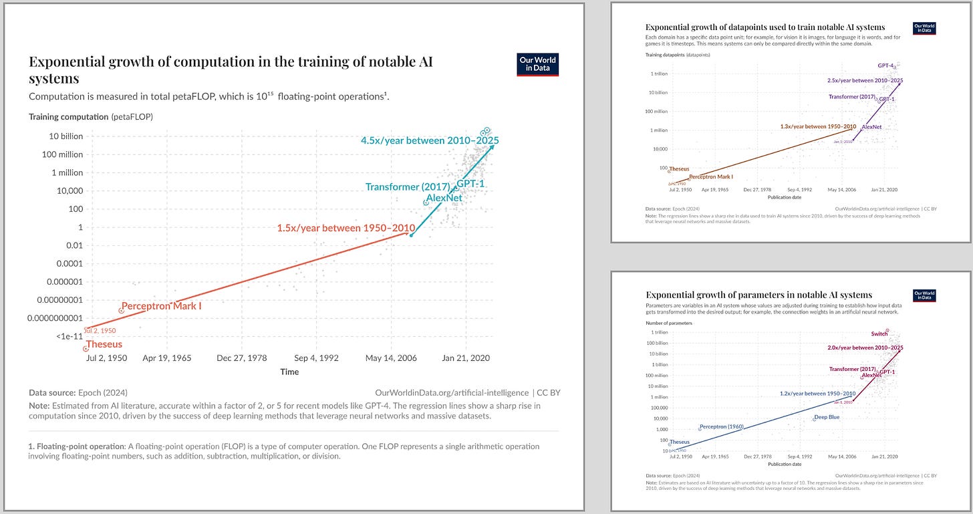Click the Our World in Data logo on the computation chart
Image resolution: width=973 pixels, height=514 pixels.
[538, 64]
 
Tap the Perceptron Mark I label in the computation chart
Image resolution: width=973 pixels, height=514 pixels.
[161, 306]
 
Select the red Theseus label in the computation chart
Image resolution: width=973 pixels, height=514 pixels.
[104, 344]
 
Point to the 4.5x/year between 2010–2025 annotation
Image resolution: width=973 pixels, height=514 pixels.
[430, 141]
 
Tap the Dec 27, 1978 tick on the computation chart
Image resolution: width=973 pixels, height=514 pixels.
[241, 358]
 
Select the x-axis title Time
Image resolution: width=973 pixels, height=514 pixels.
[289, 372]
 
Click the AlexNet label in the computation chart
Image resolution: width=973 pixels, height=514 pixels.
[444, 198]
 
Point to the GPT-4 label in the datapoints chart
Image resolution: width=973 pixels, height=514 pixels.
[885, 66]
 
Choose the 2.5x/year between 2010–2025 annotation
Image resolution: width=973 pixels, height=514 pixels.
[865, 80]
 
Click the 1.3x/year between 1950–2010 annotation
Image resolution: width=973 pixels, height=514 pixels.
[817, 126]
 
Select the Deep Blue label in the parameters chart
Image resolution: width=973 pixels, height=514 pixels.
[826, 418]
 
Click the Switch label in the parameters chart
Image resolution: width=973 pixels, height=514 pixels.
[879, 334]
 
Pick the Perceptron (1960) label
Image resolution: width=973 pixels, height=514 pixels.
[722, 427]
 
